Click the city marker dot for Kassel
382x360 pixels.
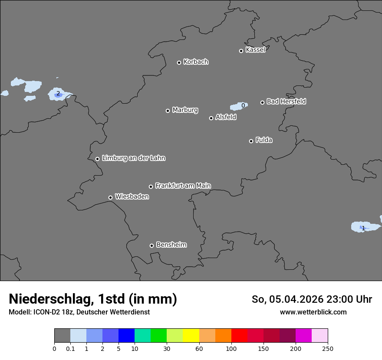241,51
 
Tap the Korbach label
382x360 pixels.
196,62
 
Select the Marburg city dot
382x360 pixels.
168,111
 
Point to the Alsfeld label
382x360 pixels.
226,117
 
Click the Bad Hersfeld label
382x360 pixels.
286,101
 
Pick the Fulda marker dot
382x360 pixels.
251,141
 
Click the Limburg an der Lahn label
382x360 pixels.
133,158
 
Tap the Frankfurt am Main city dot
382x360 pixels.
151,187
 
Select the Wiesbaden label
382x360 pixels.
132,197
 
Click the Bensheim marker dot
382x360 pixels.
151,245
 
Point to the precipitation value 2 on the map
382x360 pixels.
58,93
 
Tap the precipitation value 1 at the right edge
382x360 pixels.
363,228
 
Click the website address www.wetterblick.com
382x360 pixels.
313,312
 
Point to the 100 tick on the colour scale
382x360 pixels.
231,348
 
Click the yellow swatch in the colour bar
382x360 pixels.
191,336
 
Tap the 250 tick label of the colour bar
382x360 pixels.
328,348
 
